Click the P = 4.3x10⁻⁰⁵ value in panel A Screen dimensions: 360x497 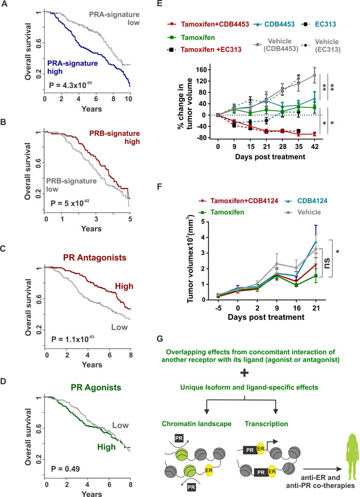point(70,85)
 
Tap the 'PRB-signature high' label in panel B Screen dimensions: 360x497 point(115,137)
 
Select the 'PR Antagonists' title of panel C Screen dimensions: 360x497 point(95,257)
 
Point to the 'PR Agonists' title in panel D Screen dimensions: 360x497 point(96,388)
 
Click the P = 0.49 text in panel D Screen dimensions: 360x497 point(66,469)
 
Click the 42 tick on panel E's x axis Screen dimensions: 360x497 point(315,146)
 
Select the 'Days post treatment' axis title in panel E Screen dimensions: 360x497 point(270,157)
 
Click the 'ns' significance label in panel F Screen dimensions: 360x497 point(326,263)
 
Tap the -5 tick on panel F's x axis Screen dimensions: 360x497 point(218,308)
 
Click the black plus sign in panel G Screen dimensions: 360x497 point(244,373)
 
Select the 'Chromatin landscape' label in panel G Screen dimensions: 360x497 point(196,424)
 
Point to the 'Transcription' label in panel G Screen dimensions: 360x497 point(266,424)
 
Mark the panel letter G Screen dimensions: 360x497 point(160,339)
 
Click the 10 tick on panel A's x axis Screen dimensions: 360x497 point(128,99)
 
